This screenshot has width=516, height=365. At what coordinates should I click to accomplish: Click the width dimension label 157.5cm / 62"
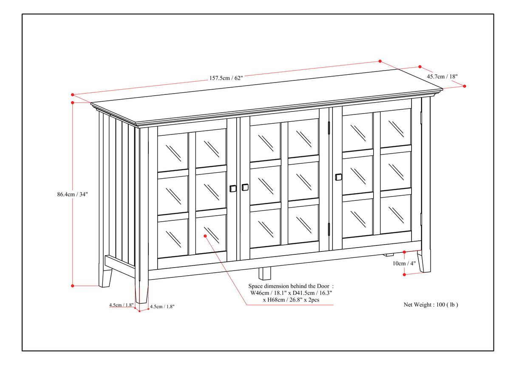226,78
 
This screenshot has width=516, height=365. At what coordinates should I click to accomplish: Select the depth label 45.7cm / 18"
442,77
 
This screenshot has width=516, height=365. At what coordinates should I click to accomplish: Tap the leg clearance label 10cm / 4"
405,263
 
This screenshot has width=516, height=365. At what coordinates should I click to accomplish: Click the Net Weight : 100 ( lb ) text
431,305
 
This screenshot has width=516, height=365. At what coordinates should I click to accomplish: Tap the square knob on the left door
232,188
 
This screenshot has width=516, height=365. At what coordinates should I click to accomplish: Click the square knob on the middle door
245,187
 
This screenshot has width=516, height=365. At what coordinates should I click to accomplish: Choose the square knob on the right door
338,177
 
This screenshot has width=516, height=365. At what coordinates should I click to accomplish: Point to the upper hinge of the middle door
329,127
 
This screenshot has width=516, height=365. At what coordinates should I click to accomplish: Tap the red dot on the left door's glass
205,235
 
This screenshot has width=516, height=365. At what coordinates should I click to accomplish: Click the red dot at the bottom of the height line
73,285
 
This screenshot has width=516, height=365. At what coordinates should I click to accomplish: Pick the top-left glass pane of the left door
173,152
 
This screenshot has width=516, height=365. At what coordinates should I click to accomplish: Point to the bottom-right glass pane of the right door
395,213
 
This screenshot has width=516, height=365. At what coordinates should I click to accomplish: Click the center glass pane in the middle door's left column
265,185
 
